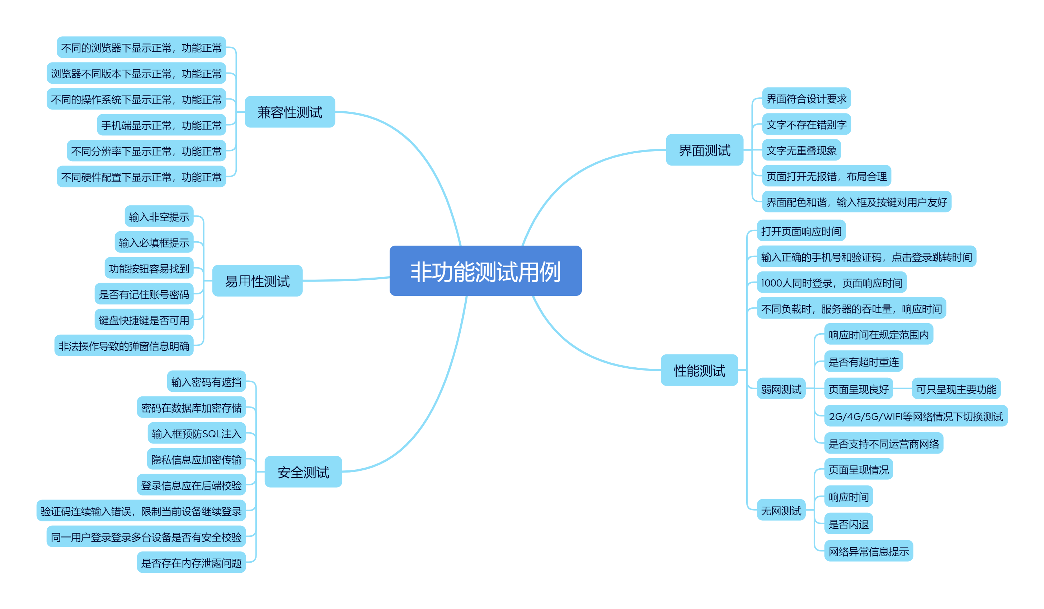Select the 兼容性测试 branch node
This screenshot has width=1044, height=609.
[290, 112]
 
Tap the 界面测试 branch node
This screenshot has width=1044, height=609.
[704, 150]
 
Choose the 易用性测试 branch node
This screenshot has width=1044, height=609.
[257, 281]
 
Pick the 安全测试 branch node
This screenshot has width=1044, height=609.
[303, 472]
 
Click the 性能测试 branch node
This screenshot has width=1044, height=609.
[699, 370]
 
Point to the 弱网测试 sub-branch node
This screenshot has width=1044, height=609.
[781, 389]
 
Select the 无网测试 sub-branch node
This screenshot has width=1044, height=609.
[781, 510]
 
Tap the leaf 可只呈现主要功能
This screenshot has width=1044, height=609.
[956, 389]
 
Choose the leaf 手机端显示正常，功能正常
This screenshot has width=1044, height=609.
[161, 125]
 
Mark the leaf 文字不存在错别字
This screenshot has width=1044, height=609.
[806, 124]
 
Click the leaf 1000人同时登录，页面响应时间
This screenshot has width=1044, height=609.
[832, 283]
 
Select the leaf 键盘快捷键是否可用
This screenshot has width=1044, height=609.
[144, 320]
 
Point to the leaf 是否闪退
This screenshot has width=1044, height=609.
[848, 524]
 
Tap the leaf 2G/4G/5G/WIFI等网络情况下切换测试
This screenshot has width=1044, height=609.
[916, 416]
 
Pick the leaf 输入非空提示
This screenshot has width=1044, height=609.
[159, 217]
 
